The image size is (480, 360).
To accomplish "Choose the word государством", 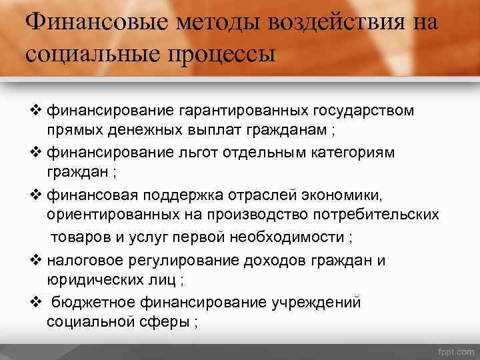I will pyautogui.click(x=364, y=109).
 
